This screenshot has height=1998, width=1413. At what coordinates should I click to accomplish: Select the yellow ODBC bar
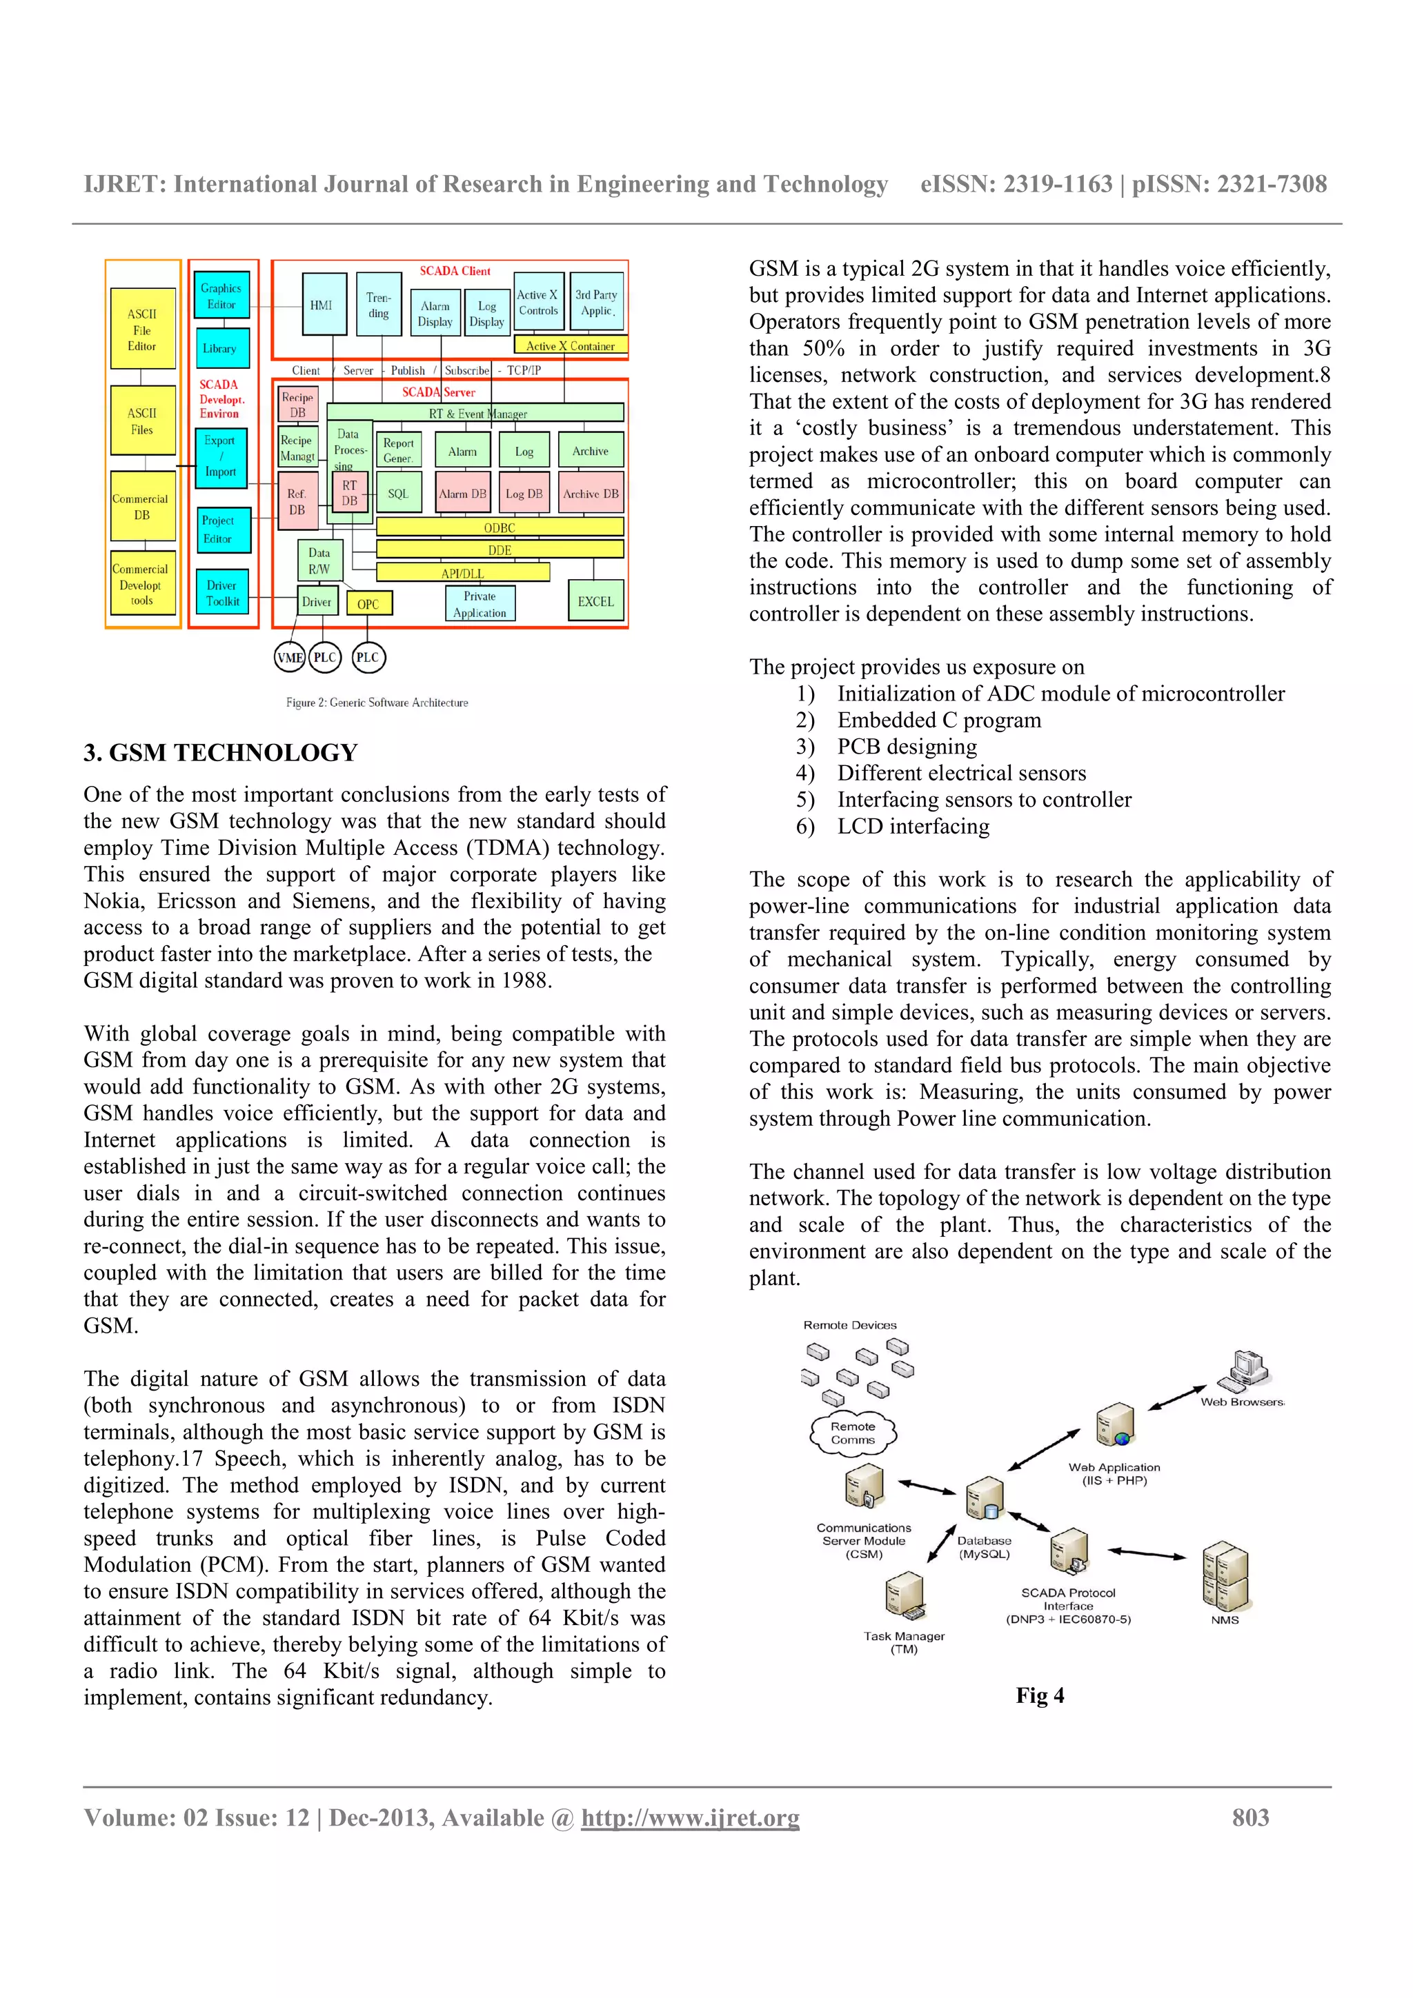click(x=500, y=527)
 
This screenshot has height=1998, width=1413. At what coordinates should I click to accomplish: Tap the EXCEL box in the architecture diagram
click(x=595, y=601)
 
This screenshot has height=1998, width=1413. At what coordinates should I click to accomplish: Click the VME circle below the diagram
click(x=289, y=657)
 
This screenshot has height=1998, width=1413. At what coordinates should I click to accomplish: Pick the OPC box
click(x=368, y=603)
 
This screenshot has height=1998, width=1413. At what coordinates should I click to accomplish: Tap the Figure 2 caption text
click(x=377, y=703)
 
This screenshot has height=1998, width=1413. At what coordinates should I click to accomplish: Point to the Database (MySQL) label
click(x=984, y=1546)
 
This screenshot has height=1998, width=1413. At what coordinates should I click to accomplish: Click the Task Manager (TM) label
click(x=904, y=1642)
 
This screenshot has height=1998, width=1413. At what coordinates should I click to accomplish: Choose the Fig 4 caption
click(x=1040, y=1695)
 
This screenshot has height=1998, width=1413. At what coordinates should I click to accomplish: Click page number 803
click(x=1250, y=1818)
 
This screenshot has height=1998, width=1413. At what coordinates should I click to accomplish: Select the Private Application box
click(x=480, y=603)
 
